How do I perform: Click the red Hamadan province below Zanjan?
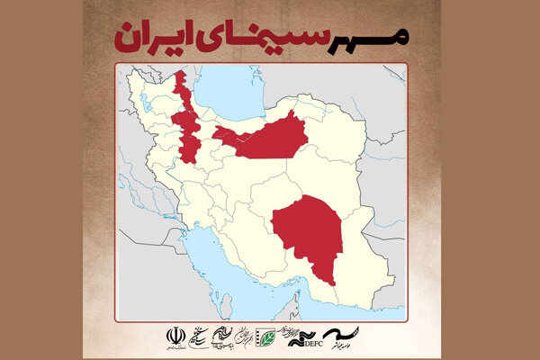coord(189,148)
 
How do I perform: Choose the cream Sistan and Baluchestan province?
coord(378,252)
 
